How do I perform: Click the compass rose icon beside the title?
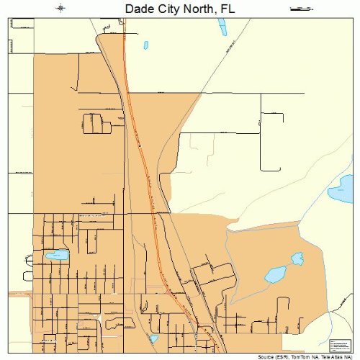60,9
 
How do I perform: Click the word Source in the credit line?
266,356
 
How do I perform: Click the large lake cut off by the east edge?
341,190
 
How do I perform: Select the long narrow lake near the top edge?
221,27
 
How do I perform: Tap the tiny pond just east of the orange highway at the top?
146,45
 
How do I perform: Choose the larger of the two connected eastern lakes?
275,274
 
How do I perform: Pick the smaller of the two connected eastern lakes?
297,258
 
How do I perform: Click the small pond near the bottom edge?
153,338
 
